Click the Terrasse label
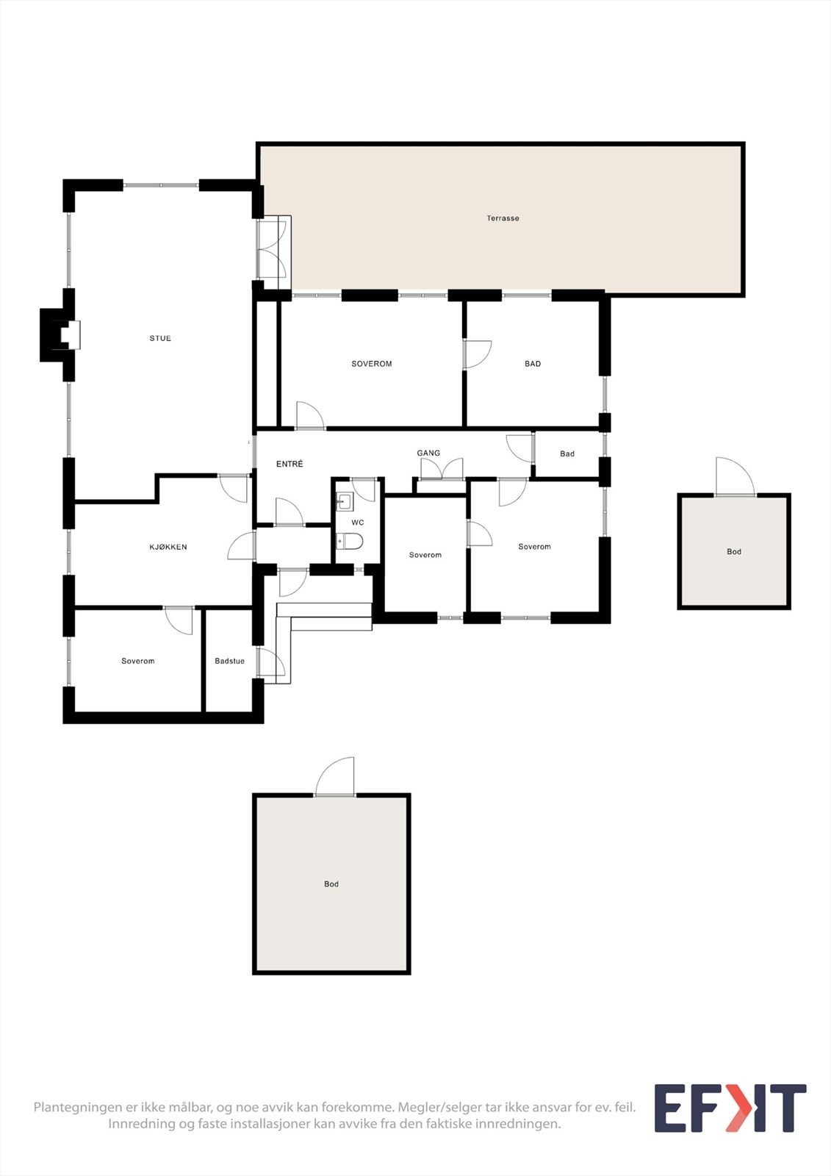click(x=503, y=218)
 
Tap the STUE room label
click(x=160, y=338)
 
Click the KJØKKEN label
click(x=168, y=547)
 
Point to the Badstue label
click(x=229, y=661)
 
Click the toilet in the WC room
click(x=350, y=542)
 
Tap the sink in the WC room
click(x=344, y=502)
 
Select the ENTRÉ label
click(x=289, y=464)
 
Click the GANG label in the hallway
click(x=428, y=453)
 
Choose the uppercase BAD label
click(x=533, y=364)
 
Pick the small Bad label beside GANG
click(x=567, y=453)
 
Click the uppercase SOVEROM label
click(x=372, y=364)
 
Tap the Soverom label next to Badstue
click(x=138, y=661)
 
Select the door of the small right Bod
click(x=735, y=478)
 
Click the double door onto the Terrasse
click(x=273, y=249)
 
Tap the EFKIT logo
click(x=730, y=1108)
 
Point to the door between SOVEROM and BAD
click(x=476, y=354)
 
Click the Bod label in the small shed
click(x=734, y=551)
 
